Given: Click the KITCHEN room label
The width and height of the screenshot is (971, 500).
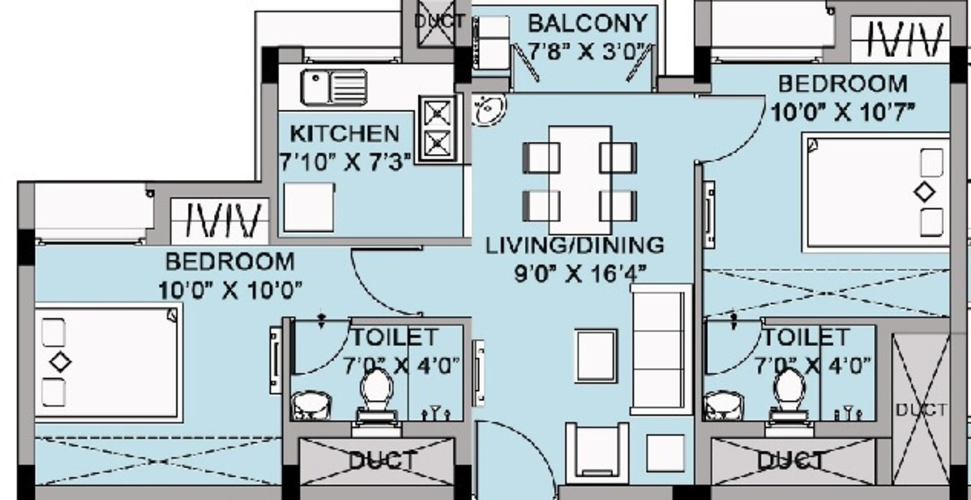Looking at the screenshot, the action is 344,134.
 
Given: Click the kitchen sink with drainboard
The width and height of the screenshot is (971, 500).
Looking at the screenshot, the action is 334,87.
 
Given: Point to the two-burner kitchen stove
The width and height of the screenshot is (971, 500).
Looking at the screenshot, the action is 437,128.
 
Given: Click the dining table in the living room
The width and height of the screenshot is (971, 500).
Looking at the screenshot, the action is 580,180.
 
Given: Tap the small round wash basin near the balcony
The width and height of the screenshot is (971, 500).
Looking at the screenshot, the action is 489,109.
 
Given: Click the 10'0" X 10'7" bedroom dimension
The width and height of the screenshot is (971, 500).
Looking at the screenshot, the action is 843,112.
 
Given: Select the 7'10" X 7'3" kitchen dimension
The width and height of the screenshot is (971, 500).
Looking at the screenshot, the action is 344,163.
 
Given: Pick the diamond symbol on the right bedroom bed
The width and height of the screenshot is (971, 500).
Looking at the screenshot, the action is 925,192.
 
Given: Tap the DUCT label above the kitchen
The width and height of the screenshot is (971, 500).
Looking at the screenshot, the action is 439,21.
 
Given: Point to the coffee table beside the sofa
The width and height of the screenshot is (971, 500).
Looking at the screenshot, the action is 596,356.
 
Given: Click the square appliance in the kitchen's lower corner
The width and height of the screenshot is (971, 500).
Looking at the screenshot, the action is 309,207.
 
